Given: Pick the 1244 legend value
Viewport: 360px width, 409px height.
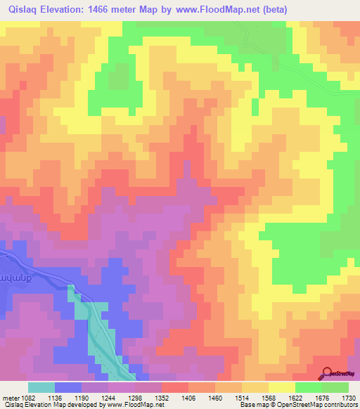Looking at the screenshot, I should point(108,397).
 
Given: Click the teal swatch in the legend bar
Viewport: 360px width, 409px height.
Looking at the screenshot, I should point(41,387).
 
